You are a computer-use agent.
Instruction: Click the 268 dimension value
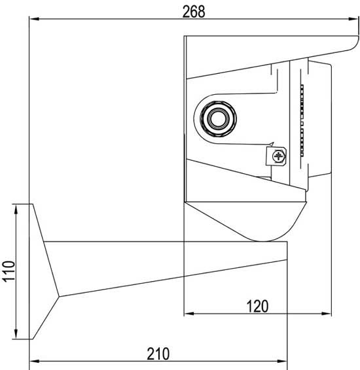[194, 12]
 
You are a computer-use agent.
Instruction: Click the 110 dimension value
[9, 271]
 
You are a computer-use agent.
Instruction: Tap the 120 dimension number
[257, 307]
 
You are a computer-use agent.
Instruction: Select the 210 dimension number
[158, 354]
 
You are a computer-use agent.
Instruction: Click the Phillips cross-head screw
[278, 156]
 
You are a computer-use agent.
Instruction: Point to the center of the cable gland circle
[218, 118]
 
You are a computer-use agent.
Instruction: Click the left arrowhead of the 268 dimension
[34, 19]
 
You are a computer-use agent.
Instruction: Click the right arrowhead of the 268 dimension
[353, 19]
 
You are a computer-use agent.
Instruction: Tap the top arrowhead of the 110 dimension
[16, 209]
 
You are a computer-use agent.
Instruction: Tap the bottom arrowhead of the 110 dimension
[16, 334]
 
